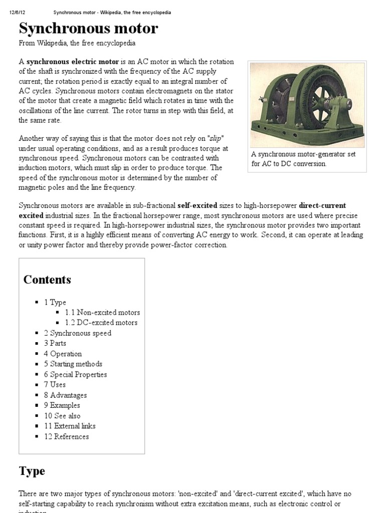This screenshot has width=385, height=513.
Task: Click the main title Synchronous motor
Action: point(88,28)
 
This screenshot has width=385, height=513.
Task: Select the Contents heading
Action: point(47,280)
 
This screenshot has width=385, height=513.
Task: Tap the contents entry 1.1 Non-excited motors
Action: point(102,313)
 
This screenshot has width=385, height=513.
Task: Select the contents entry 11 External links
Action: point(70,426)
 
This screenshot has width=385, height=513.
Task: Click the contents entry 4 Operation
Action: point(63,354)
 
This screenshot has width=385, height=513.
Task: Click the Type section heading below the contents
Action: point(32,471)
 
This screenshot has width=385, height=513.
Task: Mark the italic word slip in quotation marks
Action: point(215,138)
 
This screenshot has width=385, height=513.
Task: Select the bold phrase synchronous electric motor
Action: point(72,62)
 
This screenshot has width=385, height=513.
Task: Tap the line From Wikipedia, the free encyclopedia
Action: point(77,44)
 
